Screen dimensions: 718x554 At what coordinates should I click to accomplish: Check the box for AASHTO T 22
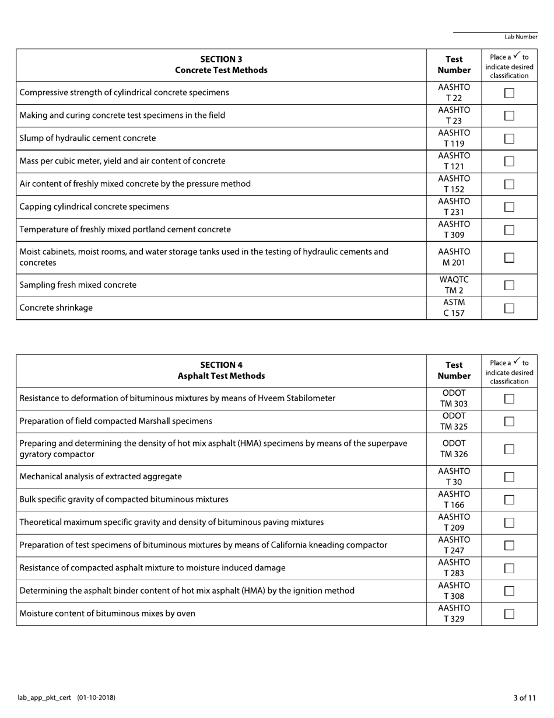(509, 93)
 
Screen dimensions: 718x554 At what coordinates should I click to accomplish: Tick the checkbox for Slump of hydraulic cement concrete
(509, 138)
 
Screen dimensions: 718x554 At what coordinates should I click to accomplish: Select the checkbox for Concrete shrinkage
(509, 308)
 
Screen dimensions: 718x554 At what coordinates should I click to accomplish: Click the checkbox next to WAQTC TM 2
(509, 285)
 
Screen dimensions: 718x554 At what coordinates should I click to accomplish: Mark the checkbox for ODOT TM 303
(509, 399)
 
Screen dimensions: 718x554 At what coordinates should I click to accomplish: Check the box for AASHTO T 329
(509, 614)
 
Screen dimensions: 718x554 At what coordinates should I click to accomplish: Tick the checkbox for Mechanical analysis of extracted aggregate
(509, 477)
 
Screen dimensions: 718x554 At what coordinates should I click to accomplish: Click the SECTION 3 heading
(221, 59)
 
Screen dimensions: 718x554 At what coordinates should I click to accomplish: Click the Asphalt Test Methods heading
(221, 376)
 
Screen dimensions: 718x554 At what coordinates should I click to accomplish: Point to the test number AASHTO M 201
(454, 257)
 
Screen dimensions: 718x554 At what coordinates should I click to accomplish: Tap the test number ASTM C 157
(454, 308)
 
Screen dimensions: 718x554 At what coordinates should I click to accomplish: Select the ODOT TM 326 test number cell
(454, 449)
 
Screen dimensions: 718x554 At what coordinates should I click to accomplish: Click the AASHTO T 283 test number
(454, 568)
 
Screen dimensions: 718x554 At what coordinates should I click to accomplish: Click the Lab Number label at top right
(521, 37)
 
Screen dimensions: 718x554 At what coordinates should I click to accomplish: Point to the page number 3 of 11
(525, 698)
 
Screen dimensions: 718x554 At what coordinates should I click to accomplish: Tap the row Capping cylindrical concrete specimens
(94, 207)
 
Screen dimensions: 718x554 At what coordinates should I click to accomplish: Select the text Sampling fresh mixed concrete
(78, 285)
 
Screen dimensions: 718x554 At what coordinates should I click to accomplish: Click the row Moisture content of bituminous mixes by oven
(107, 614)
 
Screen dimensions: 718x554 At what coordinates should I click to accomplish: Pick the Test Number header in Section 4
(454, 371)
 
